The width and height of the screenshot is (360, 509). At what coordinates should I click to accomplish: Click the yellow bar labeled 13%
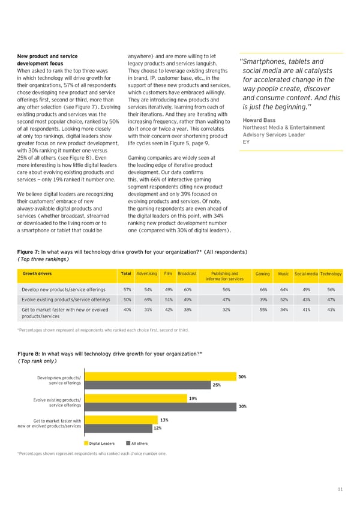click(121, 420)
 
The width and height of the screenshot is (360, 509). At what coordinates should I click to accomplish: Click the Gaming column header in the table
click(262, 274)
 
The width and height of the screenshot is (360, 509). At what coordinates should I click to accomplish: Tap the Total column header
click(126, 274)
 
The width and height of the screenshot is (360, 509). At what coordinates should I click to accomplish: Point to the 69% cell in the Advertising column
click(145, 299)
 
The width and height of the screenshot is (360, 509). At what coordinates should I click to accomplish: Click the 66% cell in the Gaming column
click(262, 289)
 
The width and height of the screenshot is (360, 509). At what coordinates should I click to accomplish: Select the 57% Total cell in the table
click(127, 289)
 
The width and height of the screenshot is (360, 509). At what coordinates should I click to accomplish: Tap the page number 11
click(340, 490)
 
